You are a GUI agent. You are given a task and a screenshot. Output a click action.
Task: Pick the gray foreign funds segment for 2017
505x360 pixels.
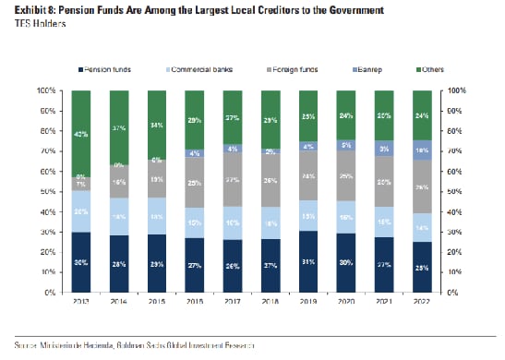[x=233, y=178]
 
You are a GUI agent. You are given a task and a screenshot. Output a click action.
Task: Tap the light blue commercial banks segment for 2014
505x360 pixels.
[x=119, y=217]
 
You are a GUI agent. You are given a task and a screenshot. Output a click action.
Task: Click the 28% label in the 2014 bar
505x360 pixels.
[x=119, y=264]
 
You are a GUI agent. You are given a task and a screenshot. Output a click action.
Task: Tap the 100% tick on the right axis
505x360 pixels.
[x=453, y=90]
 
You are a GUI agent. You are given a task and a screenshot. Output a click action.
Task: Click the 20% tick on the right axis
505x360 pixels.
[x=451, y=252]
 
